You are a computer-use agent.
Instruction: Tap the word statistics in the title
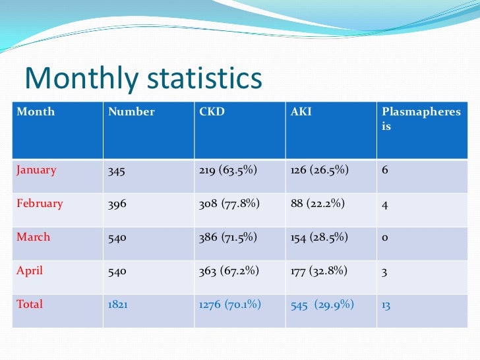coord(204,79)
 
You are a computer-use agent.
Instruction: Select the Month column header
coord(36,111)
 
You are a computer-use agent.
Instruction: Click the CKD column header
coord(212,111)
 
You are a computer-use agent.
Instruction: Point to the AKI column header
coord(301,111)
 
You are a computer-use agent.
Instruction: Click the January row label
coord(36,169)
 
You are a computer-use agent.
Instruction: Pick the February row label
coord(40,203)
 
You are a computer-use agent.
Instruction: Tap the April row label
coord(30,270)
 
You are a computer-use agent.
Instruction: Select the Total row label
coord(30,304)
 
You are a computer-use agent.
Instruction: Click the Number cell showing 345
coord(117,170)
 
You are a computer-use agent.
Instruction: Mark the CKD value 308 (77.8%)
coord(229,204)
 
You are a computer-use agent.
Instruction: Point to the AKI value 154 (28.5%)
coord(319,237)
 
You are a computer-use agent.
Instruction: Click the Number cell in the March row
coord(117,237)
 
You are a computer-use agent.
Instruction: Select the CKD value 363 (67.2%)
coord(229,271)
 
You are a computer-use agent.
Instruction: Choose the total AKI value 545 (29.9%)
coord(322,305)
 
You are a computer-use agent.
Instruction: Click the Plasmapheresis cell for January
coord(384,170)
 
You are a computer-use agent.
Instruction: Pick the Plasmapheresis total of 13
coord(386,305)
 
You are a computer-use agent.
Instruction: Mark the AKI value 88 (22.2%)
coord(318,204)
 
